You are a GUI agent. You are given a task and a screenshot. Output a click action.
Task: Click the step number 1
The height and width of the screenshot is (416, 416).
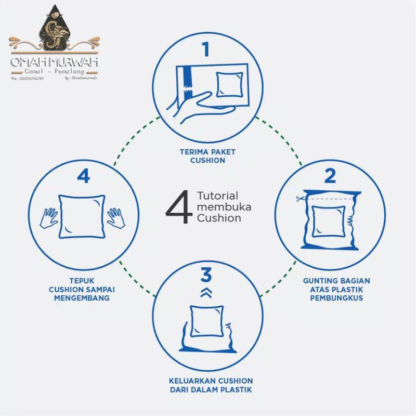(x=206, y=50)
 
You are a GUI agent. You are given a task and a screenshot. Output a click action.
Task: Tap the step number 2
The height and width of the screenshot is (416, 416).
(x=330, y=177)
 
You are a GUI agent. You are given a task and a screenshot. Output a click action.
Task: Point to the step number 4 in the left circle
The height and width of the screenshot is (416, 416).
(x=83, y=176)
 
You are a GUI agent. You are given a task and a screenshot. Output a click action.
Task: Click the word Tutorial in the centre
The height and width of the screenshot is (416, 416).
(x=218, y=196)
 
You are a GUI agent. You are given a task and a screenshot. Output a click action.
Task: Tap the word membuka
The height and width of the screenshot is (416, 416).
(x=224, y=207)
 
